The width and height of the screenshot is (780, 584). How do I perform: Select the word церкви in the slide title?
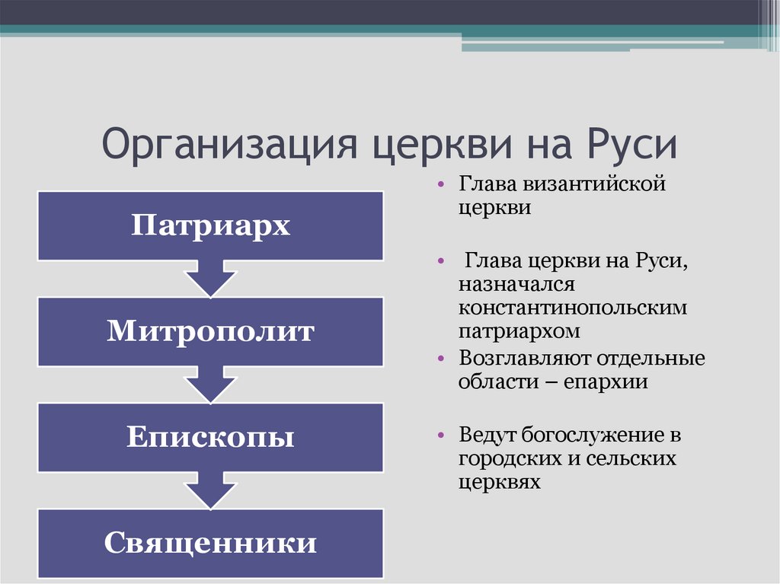(x=443, y=146)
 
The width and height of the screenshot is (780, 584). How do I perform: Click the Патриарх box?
(x=210, y=226)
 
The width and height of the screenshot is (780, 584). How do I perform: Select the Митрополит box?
(x=210, y=332)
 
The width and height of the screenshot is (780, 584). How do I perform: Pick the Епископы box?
(x=210, y=438)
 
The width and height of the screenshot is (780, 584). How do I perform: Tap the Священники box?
(x=210, y=543)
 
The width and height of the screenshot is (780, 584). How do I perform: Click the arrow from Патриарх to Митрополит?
(x=210, y=279)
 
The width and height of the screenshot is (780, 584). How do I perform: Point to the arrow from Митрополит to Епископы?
(x=210, y=385)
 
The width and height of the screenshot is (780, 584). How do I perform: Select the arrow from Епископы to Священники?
(x=210, y=490)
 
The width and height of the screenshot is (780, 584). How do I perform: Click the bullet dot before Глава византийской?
(x=440, y=184)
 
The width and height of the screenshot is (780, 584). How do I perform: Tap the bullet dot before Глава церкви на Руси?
(x=440, y=260)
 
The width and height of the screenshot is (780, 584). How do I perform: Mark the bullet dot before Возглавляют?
(x=440, y=358)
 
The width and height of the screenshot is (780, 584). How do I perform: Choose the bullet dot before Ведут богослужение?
(x=440, y=436)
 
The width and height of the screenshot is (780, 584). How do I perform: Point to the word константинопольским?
(x=573, y=308)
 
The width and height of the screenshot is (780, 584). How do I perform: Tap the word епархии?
(x=606, y=382)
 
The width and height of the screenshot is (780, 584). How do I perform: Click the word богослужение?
(x=591, y=436)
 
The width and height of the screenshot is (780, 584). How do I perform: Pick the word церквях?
(x=500, y=482)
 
